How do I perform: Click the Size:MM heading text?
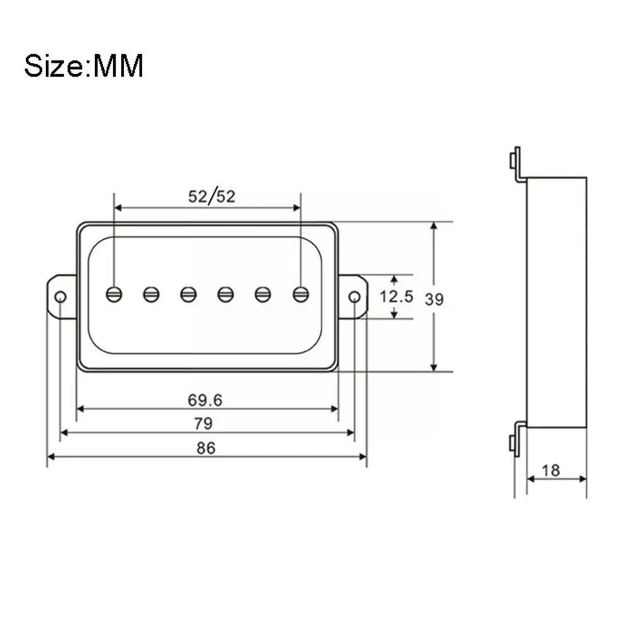point(84,65)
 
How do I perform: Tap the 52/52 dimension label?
point(211,196)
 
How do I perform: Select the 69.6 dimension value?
point(205,400)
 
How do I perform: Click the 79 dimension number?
point(203,424)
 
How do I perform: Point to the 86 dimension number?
point(206,447)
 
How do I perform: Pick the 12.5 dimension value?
point(397,296)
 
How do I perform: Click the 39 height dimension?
point(434,300)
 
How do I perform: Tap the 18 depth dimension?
point(551,471)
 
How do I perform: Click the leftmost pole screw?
point(114,295)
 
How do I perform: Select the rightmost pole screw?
point(301,295)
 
